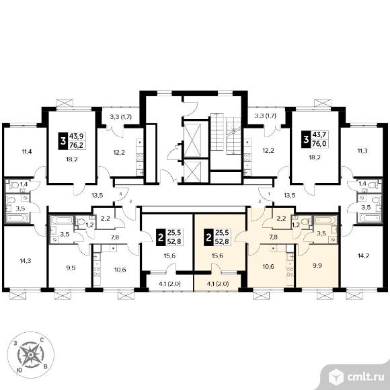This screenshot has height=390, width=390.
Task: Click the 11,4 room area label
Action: click(x=27, y=151)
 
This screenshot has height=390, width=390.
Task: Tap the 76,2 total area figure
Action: click(x=76, y=145)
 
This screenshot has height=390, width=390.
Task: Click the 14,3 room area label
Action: click(x=26, y=261)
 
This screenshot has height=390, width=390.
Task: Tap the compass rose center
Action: click(x=30, y=354)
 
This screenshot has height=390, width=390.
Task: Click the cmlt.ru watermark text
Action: click(x=366, y=377)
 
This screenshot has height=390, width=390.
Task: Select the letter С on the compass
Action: click(x=42, y=340)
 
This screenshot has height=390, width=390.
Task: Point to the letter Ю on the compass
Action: click(x=19, y=370)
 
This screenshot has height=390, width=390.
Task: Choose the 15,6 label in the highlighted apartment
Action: click(x=217, y=256)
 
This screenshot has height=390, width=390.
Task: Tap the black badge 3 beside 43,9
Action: click(x=63, y=141)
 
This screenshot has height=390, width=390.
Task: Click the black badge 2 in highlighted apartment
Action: click(x=208, y=237)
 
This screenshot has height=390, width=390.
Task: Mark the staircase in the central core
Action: click(x=225, y=133)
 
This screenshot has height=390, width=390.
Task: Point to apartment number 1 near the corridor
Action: click(x=269, y=193)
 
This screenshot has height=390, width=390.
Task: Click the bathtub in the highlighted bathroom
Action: click(x=325, y=220)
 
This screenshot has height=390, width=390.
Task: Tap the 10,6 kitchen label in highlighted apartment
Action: click(x=268, y=267)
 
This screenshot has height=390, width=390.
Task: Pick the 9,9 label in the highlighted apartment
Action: click(x=317, y=266)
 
